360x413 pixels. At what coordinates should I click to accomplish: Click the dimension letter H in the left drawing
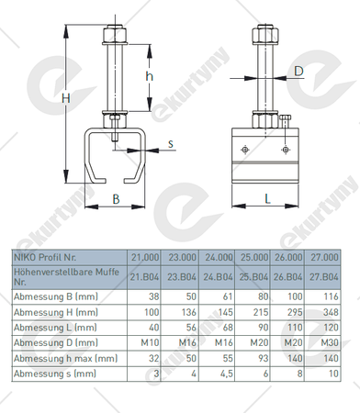(66, 98)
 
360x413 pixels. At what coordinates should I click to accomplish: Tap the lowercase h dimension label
(149, 75)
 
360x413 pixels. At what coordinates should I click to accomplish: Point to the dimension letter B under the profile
(116, 199)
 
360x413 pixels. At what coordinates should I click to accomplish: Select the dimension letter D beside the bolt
(298, 72)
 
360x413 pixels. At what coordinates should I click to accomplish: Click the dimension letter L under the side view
(267, 199)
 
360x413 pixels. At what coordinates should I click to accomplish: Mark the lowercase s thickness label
(171, 144)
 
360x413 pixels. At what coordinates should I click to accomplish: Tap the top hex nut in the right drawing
(265, 35)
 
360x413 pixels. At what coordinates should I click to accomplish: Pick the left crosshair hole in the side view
(245, 150)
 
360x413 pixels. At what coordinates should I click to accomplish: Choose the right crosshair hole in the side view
(286, 150)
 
